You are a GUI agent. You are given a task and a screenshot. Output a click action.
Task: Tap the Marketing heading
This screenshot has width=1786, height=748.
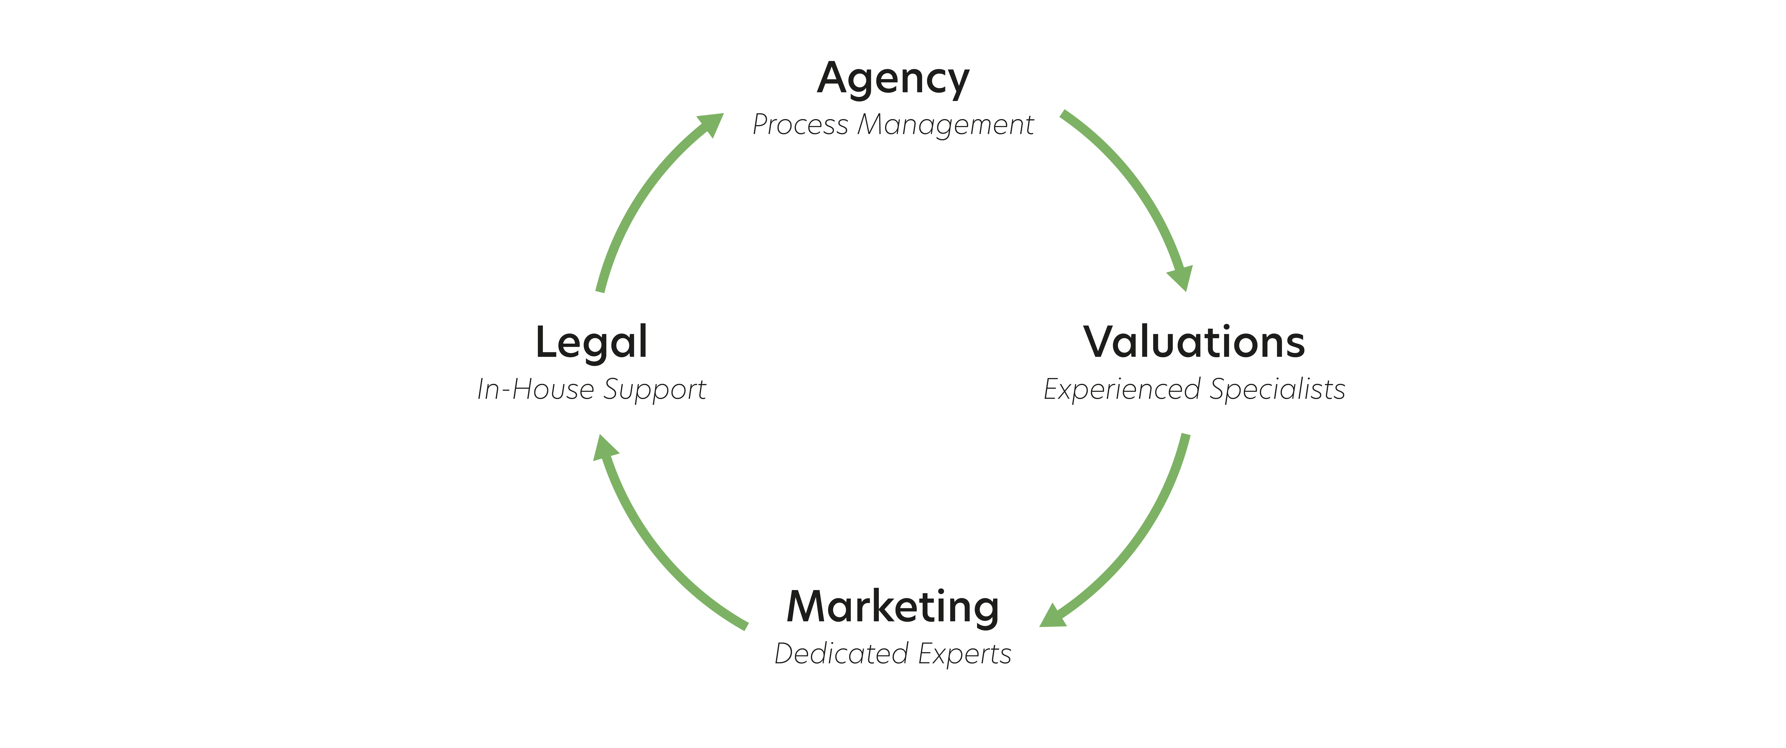pos(893,608)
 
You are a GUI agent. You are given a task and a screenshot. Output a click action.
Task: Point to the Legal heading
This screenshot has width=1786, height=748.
pos(591,343)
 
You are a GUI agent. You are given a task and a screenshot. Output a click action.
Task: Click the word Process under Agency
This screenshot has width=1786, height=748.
pos(800,125)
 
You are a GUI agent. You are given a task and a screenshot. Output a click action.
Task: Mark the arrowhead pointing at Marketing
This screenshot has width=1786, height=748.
pos(1052,616)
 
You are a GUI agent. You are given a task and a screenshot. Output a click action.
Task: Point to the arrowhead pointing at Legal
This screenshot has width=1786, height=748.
pos(604,448)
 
